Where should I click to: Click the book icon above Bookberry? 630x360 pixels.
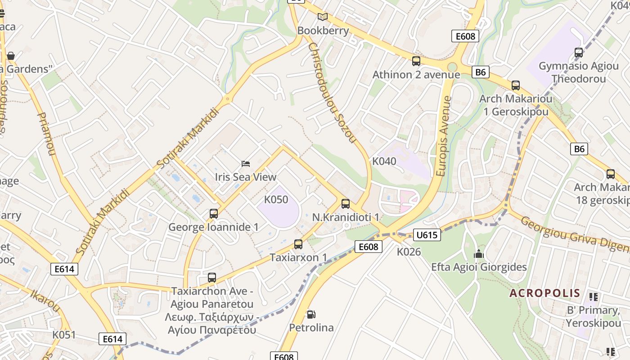coord(322,17)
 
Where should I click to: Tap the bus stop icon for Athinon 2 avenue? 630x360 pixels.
coord(416,61)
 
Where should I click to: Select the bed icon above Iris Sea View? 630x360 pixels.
coord(245,164)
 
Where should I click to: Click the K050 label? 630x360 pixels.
coord(276,199)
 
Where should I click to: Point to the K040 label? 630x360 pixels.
coord(384,161)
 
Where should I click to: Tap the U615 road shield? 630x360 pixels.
coord(427,234)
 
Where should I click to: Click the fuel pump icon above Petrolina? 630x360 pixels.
coord(310,314)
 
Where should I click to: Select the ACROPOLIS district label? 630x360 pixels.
coord(544,293)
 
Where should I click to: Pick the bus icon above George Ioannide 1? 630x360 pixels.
coord(213,214)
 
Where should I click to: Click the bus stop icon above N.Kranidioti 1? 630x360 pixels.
coord(345,204)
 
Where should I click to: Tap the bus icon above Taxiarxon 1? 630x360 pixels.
coord(298,244)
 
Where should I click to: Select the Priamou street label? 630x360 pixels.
coord(46,134)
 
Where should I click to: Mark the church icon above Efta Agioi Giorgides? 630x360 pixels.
coord(478,254)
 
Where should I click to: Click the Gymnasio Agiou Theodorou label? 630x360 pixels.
coord(578,72)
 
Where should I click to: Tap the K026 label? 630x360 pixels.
coord(409,252)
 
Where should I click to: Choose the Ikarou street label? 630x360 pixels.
coord(45,301)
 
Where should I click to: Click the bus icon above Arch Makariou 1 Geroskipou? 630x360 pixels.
coord(515,85)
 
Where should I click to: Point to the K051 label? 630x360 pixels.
coord(64,335)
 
